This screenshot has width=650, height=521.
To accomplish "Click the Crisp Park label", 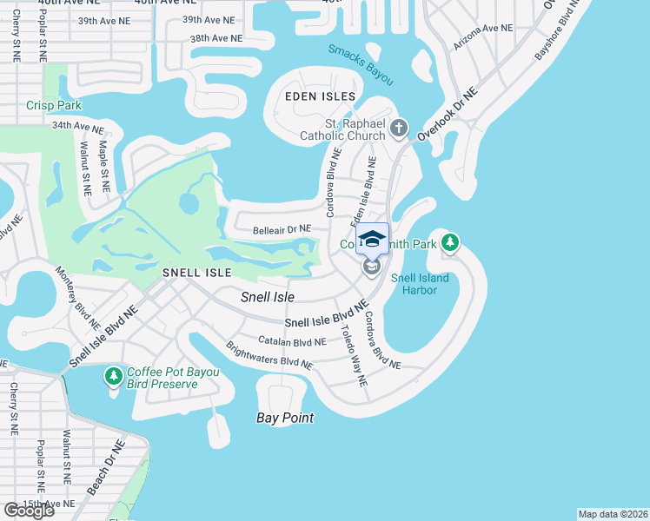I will [x=54, y=105].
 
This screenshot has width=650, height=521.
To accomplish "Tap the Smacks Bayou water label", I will [x=361, y=64].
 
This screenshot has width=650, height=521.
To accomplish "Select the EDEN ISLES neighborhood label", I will [x=321, y=96].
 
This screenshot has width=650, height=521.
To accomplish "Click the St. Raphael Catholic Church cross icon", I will [x=399, y=129].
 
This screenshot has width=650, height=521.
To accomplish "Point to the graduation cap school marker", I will [x=372, y=239].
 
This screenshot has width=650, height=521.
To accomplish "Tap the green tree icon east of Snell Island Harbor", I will [x=451, y=243].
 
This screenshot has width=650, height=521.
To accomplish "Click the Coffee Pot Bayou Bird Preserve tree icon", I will [x=113, y=377].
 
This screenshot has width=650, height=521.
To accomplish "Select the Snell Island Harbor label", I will [x=414, y=284].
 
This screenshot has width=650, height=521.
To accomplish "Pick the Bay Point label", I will [x=285, y=418].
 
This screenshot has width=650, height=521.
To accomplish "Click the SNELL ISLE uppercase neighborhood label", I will [x=197, y=273].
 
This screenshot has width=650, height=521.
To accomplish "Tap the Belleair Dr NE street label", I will [x=282, y=229].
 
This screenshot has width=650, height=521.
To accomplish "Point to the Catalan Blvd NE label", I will [x=292, y=341].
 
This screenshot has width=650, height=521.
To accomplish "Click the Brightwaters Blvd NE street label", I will [x=269, y=354].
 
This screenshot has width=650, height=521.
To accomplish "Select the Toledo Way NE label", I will [x=354, y=356].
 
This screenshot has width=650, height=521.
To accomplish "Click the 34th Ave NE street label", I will [x=77, y=126].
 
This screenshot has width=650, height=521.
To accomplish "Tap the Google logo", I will [x=29, y=511].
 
